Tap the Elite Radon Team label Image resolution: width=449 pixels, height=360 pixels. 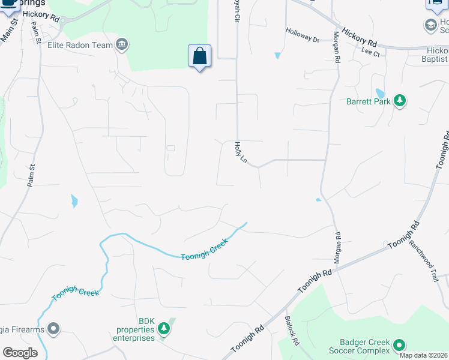pos(80,44)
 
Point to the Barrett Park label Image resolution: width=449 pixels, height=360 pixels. pos(368,101)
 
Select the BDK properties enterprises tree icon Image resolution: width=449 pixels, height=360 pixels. pos(163,328)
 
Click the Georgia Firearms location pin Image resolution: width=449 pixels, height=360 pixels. pos(54,328)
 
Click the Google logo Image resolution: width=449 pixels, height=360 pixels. pos(20,353)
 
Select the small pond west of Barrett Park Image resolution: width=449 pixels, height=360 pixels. pos(379,94)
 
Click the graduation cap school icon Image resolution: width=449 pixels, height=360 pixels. pos(430,25)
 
